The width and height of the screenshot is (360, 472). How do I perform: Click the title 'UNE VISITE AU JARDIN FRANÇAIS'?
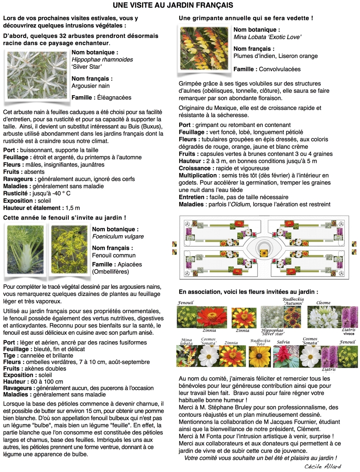click(x=173, y=5)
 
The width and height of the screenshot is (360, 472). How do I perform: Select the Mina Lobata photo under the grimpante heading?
click(x=204, y=49)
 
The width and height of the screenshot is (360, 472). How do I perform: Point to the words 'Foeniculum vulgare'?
click(x=118, y=236)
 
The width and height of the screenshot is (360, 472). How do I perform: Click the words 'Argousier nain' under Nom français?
click(x=90, y=86)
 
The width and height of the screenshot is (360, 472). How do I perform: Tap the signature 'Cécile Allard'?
click(x=322, y=466)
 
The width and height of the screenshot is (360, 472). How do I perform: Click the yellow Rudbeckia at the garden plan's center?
click(x=264, y=253)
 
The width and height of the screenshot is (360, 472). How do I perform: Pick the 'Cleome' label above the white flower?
click(x=323, y=303)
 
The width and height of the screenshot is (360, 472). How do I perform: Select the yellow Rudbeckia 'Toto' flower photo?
click(x=260, y=356)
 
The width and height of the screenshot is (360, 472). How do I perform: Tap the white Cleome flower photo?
click(x=323, y=317)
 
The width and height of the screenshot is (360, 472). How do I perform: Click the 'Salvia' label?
click(x=283, y=342)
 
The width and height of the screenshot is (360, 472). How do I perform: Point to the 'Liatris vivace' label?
click(x=349, y=332)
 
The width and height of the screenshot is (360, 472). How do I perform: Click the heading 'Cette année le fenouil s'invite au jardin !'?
click(x=65, y=218)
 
